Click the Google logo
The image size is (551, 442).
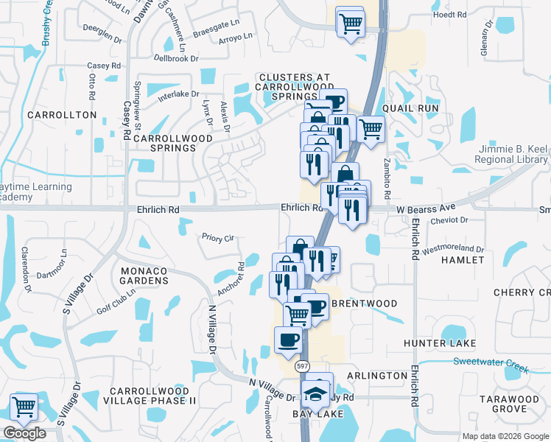[24, 433]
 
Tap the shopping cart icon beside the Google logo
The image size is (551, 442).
[24, 407]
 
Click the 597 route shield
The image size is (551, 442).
[302, 366]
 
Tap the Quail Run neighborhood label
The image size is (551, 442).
[415, 108]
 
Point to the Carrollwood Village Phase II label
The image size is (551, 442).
[152, 396]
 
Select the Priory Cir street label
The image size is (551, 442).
[218, 238]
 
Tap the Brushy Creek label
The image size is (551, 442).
[47, 23]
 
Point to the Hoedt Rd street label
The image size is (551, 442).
[450, 14]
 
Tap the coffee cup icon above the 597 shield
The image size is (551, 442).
[287, 340]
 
